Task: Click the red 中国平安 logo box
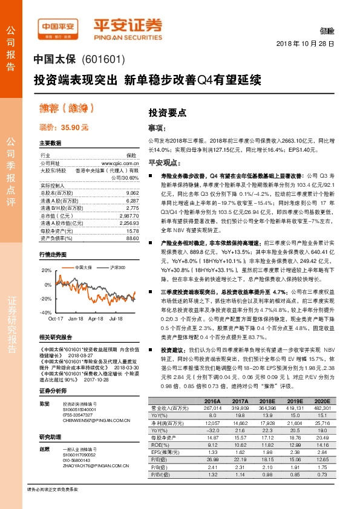pyautogui.click(x=57, y=27)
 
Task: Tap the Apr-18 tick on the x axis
pyautogui.click(x=96, y=318)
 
